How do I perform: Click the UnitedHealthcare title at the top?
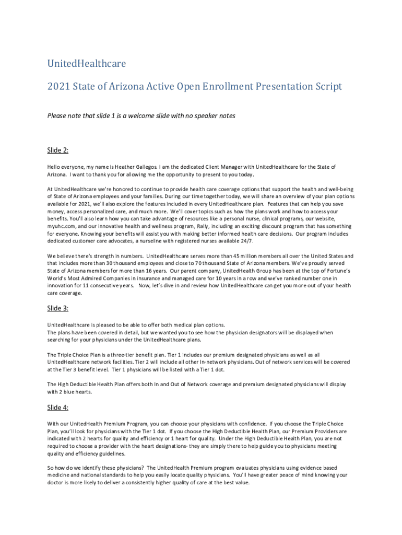(86, 64)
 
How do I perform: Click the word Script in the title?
(326, 86)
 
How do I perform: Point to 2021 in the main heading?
(58, 86)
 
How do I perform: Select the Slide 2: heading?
(58, 150)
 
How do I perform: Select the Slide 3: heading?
(58, 308)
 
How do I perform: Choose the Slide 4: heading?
(58, 408)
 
